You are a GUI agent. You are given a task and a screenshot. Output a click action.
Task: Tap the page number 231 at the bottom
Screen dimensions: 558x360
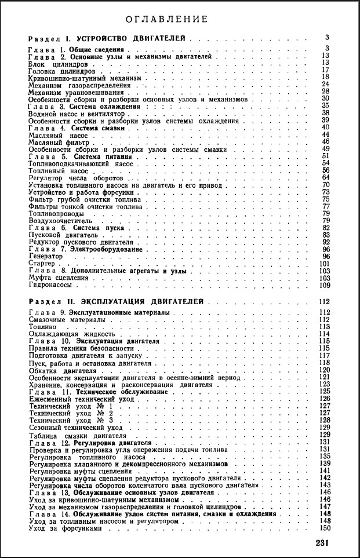(x=323, y=542)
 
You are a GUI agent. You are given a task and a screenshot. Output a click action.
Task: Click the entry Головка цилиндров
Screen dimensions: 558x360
(x=56, y=70)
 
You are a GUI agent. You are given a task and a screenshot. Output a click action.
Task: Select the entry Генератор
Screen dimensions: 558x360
(x=45, y=256)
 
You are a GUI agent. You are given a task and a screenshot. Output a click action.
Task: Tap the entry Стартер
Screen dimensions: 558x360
(x=41, y=264)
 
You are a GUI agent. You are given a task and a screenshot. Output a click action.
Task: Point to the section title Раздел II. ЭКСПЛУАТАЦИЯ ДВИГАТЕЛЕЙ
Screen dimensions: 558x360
(x=116, y=302)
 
